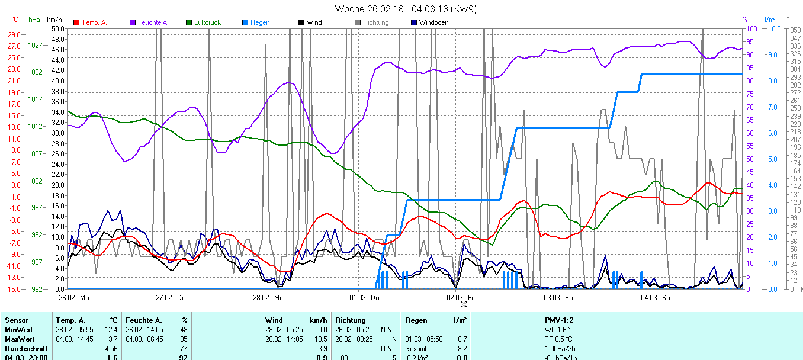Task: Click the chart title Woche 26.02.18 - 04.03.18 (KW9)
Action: pos(406,9)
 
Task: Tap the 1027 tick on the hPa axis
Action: pos(36,45)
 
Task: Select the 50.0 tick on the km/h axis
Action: pos(58,28)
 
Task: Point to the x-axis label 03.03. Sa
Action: pos(560,297)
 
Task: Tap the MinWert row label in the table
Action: pos(18,330)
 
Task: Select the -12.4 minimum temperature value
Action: pos(111,330)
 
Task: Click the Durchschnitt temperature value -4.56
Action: pos(111,349)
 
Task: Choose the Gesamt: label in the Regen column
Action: pos(416,349)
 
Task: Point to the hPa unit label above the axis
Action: pos(34,20)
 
